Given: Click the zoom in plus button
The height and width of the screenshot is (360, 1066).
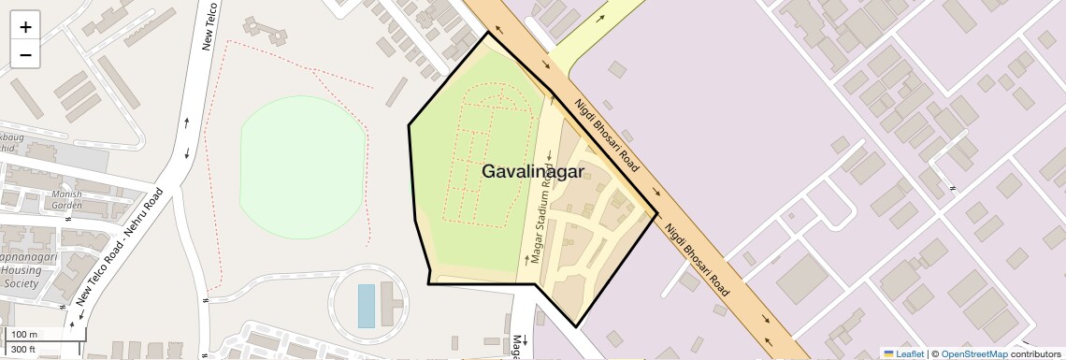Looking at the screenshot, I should point(25,27).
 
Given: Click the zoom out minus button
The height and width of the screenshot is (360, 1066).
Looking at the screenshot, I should point(25,55).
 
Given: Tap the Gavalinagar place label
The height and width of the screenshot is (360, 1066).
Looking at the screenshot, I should point(533,172).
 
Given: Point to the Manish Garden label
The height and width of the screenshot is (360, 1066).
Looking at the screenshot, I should point(67,200).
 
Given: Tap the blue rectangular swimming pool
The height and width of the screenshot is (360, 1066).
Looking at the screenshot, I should point(366,306).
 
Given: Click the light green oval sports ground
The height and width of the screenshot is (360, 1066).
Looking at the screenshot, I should point(301,166).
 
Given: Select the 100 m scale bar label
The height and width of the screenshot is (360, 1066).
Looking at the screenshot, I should point(24,335).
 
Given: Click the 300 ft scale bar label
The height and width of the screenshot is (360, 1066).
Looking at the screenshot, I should point(23,350).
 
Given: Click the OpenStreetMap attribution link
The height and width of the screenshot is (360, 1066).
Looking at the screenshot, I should point(973,353).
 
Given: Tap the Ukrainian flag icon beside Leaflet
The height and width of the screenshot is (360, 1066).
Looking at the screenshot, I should point(888,353).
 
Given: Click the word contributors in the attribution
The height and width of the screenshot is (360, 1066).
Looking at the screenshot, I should point(1035,353).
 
